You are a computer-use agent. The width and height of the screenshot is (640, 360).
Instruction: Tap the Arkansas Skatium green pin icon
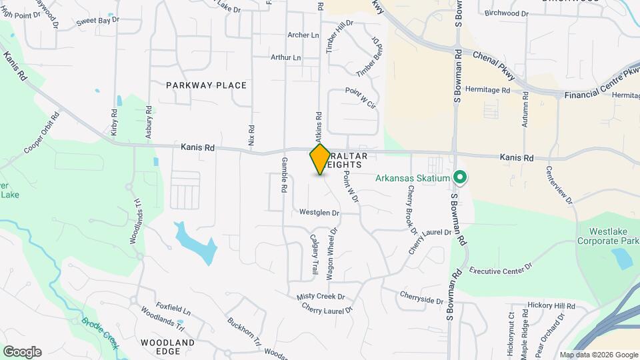coord(459,177)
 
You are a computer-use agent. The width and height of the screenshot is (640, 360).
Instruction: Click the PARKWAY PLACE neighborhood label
coord(206,85)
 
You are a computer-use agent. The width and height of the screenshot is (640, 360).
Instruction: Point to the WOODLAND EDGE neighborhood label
coord(167,347)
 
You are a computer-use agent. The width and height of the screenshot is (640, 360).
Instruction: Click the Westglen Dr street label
coord(319,213)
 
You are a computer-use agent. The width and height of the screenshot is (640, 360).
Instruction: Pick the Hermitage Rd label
coord(488,90)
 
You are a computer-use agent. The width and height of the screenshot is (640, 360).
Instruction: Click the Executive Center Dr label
coord(501,269)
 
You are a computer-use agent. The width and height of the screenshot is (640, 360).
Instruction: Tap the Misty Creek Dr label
coord(321,297)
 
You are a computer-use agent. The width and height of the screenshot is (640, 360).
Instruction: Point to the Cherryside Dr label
coord(421,297)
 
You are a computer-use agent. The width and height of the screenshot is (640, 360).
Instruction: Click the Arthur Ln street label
coord(285,57)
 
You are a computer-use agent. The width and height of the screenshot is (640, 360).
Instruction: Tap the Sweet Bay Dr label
coord(97,21)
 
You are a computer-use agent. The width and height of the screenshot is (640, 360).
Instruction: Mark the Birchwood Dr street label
coord(507,13)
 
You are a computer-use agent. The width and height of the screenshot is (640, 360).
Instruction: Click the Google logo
coord(22,351)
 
